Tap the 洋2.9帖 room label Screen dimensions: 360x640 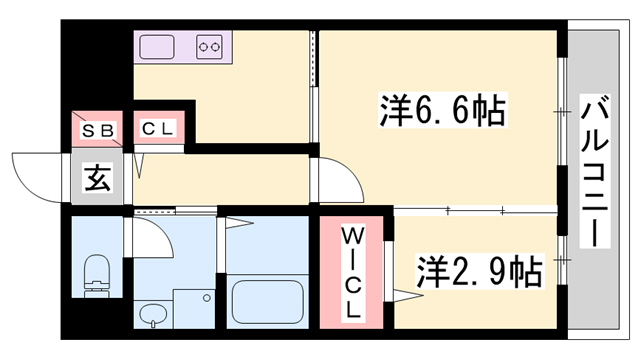coord(479,270)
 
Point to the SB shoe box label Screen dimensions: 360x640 coord(97,129)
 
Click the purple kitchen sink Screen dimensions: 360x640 coord(158,46)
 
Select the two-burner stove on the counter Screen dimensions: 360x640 coord(211,46)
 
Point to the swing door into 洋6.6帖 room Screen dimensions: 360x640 coord(336,180)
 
